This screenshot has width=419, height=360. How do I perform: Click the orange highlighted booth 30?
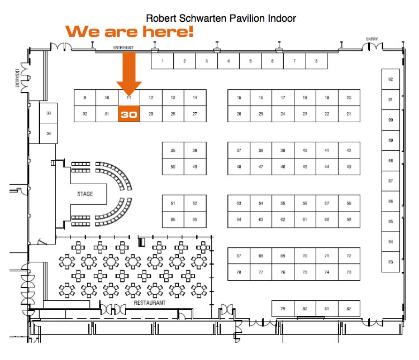pos(128,114)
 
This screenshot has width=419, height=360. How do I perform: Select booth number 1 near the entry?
pos(162,61)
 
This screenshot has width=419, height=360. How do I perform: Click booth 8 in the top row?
pos(316,61)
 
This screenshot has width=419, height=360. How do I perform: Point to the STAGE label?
pos(85,194)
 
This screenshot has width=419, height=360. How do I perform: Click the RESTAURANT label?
pos(150,303)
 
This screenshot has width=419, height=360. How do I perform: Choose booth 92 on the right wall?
pos(390,79)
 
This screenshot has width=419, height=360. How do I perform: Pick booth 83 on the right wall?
pos(390,262)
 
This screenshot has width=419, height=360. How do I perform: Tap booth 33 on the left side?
pos(49,113)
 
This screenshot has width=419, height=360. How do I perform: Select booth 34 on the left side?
pos(49,133)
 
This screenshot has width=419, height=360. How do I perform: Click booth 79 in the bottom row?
pos(283,309)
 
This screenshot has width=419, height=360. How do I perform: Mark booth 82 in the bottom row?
pos(349,309)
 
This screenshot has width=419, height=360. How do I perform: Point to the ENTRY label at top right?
pos(372,39)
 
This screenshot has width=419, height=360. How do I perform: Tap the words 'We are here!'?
pos(130,31)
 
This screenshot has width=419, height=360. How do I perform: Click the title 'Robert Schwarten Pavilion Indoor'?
pos(221,18)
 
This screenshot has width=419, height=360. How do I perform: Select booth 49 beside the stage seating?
pos(195,167)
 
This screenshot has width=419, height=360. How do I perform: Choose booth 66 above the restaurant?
pos(173,219)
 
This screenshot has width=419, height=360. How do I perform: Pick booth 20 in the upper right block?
pos(349,98)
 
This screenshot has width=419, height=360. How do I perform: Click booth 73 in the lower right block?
pos(349,272)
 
